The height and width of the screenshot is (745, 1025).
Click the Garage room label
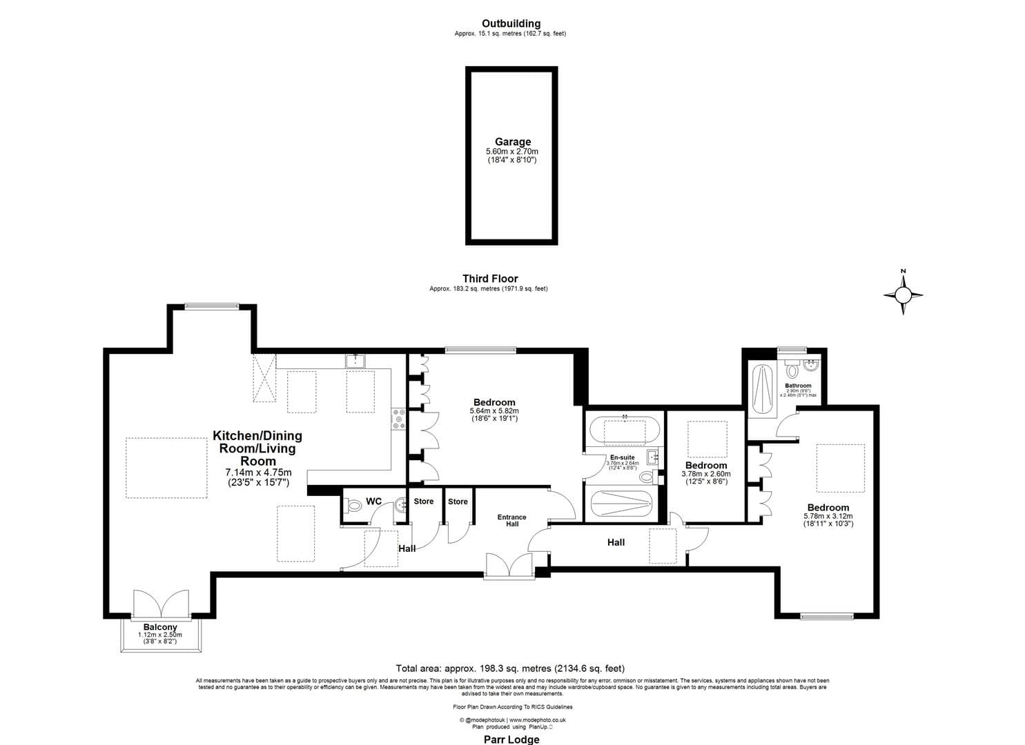click(x=512, y=142)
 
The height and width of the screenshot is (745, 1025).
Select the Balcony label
click(x=160, y=627)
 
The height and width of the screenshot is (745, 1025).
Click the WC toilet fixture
click(x=353, y=506)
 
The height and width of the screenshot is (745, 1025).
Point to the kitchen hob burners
click(x=399, y=419)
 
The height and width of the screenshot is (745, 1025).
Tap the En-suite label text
click(x=622, y=457)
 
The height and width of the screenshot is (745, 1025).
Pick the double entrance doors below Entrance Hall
click(x=509, y=565)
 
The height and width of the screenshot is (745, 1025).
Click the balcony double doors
click(x=160, y=604)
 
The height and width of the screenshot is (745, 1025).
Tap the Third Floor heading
click(x=490, y=279)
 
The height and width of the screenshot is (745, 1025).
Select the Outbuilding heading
click(x=511, y=23)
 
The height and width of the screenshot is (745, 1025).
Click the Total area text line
click(x=510, y=668)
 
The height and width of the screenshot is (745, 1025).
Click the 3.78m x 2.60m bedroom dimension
click(x=705, y=474)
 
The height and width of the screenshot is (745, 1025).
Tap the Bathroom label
click(x=798, y=386)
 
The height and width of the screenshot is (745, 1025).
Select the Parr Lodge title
click(x=511, y=739)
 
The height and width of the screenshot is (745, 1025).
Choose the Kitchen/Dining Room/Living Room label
click(x=257, y=448)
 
